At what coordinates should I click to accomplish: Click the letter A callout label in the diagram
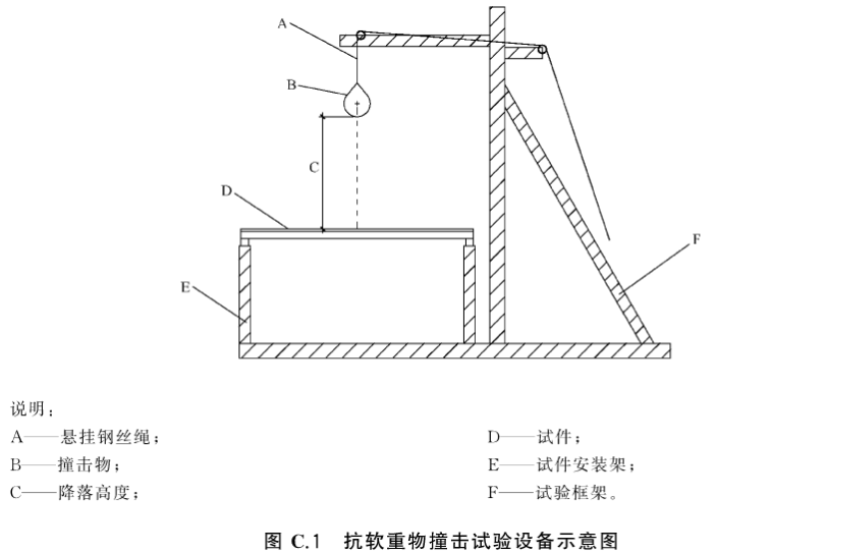tap(282, 24)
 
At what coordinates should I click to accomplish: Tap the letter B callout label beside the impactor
tap(292, 85)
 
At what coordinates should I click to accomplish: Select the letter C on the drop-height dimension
tap(314, 168)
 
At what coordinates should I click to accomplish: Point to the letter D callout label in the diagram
tap(226, 191)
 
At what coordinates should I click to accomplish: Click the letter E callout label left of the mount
tap(186, 287)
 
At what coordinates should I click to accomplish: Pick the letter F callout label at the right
tap(696, 239)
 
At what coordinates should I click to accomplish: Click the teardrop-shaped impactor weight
tap(357, 100)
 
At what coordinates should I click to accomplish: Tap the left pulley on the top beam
tap(360, 35)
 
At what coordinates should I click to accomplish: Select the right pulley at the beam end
tap(542, 50)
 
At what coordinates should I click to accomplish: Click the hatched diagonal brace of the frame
tap(579, 215)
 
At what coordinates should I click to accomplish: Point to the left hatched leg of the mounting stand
tap(245, 294)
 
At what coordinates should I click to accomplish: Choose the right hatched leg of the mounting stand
tap(470, 294)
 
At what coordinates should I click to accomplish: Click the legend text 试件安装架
tap(582, 465)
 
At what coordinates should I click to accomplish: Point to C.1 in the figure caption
tap(305, 541)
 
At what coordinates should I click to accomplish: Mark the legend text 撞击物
tap(85, 465)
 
